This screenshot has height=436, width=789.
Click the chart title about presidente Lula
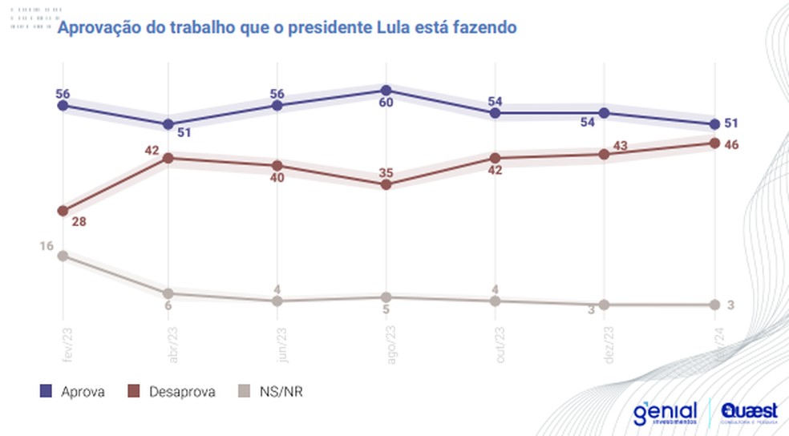[x=285, y=28]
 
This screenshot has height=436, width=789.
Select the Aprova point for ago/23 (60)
[x=386, y=90]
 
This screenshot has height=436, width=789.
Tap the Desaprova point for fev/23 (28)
[x=63, y=211]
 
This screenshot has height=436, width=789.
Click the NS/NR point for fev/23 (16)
[x=63, y=256]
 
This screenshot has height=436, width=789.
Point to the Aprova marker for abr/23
[x=168, y=124]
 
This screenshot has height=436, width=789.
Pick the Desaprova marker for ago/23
[x=386, y=184]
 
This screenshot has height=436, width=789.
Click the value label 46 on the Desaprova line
[x=730, y=144]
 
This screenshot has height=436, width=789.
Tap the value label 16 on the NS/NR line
[x=46, y=246]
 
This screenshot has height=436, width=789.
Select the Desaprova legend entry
[x=171, y=392]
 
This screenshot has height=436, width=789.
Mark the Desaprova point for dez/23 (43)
[x=604, y=154]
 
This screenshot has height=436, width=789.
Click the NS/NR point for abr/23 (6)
[x=168, y=293]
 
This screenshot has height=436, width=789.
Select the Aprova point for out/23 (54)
[x=496, y=113]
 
